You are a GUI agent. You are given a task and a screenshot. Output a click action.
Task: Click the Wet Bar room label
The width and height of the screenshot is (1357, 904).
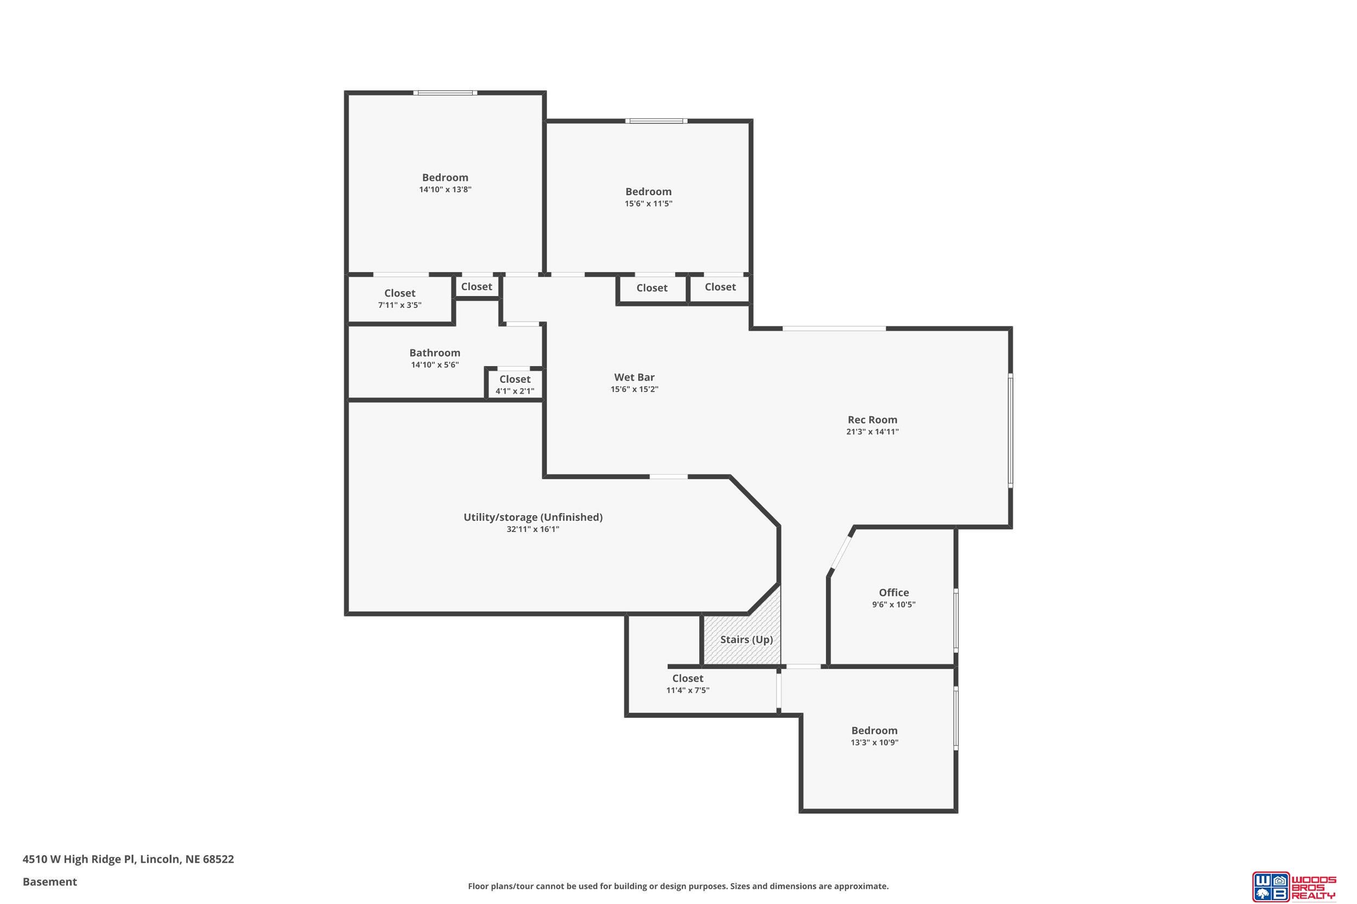click(x=634, y=377)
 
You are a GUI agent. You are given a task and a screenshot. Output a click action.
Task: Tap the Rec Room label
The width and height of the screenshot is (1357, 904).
click(x=872, y=420)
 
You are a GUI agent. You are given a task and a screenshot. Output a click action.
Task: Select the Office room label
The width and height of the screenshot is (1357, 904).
click(x=893, y=592)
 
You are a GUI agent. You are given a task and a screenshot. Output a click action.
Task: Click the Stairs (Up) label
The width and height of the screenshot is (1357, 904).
click(x=746, y=639)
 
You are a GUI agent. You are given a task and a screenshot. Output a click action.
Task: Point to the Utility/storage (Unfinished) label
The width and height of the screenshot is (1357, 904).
click(x=533, y=517)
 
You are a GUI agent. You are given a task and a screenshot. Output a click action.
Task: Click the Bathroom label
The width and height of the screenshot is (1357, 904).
click(x=435, y=353)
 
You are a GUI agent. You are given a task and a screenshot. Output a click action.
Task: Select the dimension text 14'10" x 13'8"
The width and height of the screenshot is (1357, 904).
click(x=446, y=190)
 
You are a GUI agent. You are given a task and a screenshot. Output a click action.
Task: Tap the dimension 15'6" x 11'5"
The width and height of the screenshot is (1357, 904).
click(x=649, y=203)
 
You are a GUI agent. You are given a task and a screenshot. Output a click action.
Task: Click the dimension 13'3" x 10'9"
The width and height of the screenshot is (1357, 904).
click(x=874, y=742)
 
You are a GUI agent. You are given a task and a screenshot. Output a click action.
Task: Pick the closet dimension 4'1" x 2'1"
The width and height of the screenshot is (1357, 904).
click(x=515, y=392)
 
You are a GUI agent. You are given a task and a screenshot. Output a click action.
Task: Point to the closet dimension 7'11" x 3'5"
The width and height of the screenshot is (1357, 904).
click(x=400, y=305)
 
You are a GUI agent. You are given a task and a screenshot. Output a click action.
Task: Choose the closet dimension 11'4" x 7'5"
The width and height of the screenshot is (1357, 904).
click(x=688, y=690)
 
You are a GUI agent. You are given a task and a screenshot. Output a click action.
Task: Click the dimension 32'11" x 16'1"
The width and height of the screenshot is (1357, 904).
click(x=533, y=529)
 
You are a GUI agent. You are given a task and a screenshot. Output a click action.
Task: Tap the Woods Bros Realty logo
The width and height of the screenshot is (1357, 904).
click(x=1293, y=886)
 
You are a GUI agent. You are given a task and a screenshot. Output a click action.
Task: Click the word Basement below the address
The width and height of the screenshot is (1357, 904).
click(x=49, y=882)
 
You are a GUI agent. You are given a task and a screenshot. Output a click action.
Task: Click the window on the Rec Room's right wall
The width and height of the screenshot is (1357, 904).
click(x=1010, y=430)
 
